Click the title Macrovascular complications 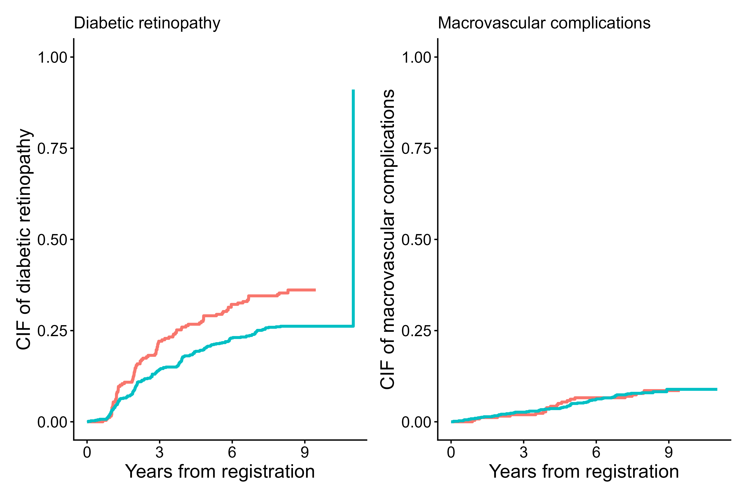tap(544, 23)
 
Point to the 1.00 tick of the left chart tap(52, 57)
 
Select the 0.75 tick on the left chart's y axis tap(52, 149)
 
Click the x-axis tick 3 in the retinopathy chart tap(159, 452)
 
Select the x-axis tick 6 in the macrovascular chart tap(596, 452)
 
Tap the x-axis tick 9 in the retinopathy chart tap(305, 452)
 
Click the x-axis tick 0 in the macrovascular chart tap(451, 452)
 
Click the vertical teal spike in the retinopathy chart tap(353, 206)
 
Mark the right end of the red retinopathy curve tap(315, 290)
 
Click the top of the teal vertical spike tap(353, 91)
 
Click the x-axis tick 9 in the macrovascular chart tap(669, 452)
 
